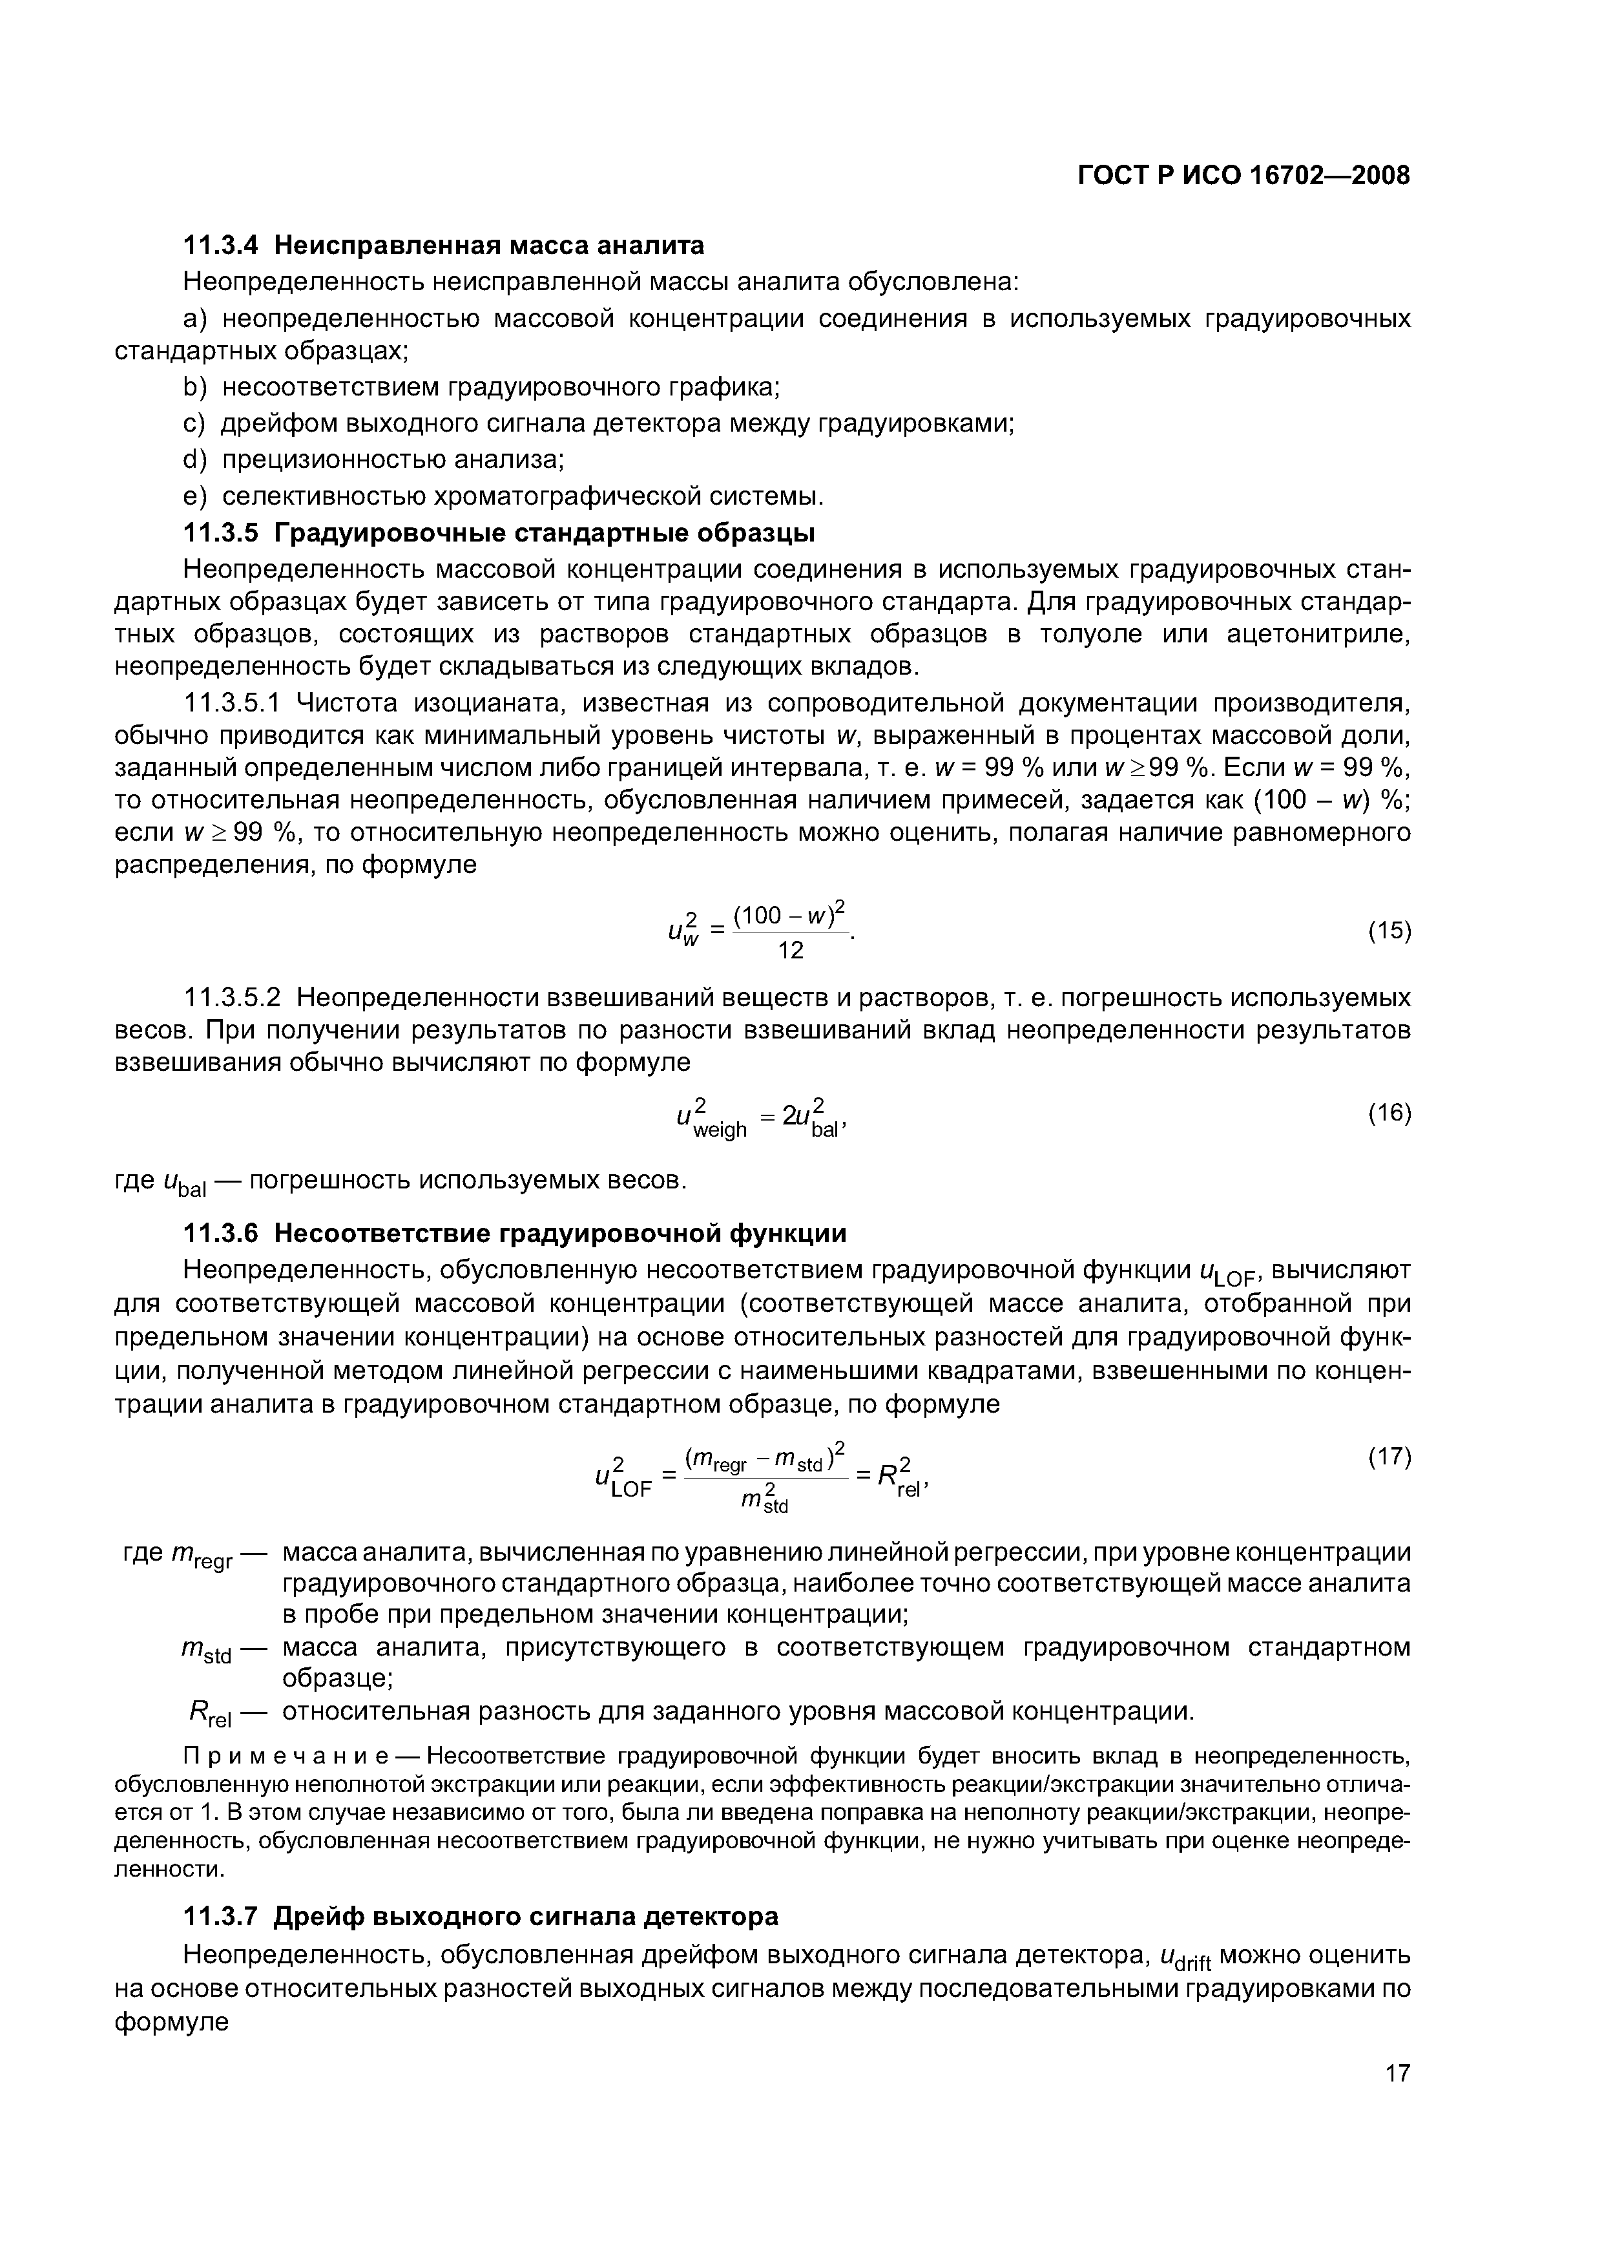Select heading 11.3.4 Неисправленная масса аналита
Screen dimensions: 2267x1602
click(x=444, y=244)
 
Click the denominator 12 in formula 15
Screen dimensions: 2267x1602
click(x=791, y=950)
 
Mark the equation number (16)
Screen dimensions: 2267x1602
click(x=1389, y=1113)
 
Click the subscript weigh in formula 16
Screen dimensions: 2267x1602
click(x=720, y=1130)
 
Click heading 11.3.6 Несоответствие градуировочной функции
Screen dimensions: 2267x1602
click(x=515, y=1233)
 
